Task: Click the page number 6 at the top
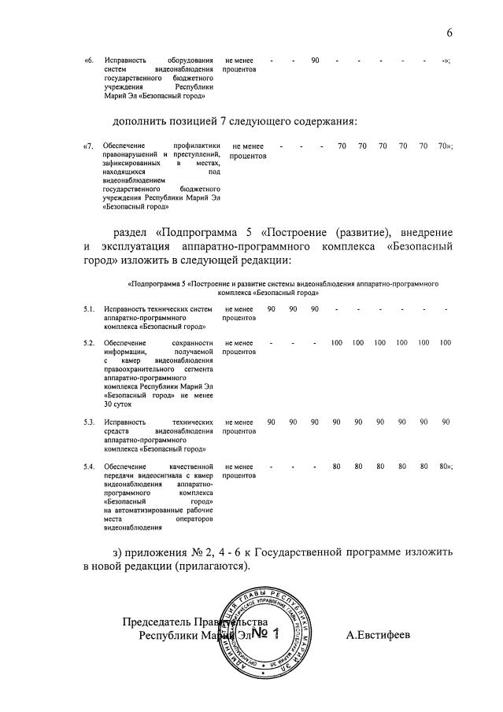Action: coord(449,32)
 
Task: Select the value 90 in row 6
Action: coord(315,61)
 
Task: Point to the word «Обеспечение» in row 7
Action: coord(126,146)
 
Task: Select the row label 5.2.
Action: coord(90,343)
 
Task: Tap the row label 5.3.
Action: coord(90,422)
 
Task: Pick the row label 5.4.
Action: coord(90,467)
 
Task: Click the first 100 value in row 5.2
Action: coord(337,343)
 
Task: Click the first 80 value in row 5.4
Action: coord(336,467)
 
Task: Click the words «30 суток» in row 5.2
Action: coord(118,404)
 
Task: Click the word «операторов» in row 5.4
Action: coord(193,519)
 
